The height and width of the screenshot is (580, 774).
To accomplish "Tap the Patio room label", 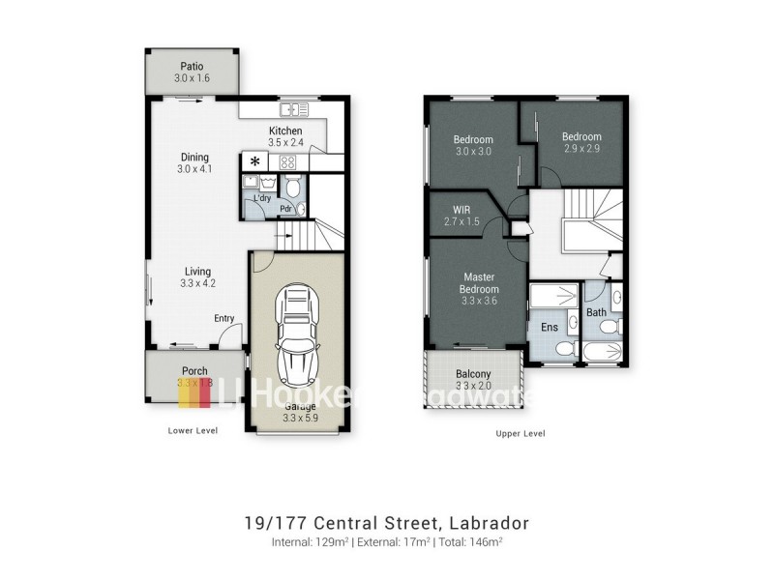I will tap(191, 72).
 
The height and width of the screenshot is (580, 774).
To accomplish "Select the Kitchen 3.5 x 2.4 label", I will tap(285, 136).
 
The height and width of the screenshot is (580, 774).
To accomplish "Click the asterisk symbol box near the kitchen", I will tap(255, 161).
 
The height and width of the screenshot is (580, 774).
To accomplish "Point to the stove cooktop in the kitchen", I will tap(287, 161).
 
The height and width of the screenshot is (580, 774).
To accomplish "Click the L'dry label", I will tap(261, 199).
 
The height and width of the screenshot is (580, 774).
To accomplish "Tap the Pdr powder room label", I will tap(286, 208).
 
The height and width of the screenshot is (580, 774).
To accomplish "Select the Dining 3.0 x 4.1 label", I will tap(194, 163).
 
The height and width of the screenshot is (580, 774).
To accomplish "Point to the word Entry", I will tap(224, 318).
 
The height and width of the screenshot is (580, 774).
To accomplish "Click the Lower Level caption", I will tap(192, 430).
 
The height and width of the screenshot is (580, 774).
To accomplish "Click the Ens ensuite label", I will tap(549, 328).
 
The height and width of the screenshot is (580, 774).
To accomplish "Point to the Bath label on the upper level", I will tap(596, 312).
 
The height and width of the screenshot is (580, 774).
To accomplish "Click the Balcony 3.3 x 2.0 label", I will tap(473, 379).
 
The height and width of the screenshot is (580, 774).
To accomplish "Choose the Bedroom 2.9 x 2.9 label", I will tap(581, 142).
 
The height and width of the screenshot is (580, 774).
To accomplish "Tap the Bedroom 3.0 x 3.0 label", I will tap(473, 145).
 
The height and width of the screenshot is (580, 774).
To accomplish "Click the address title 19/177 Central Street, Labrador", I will tap(386, 523).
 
